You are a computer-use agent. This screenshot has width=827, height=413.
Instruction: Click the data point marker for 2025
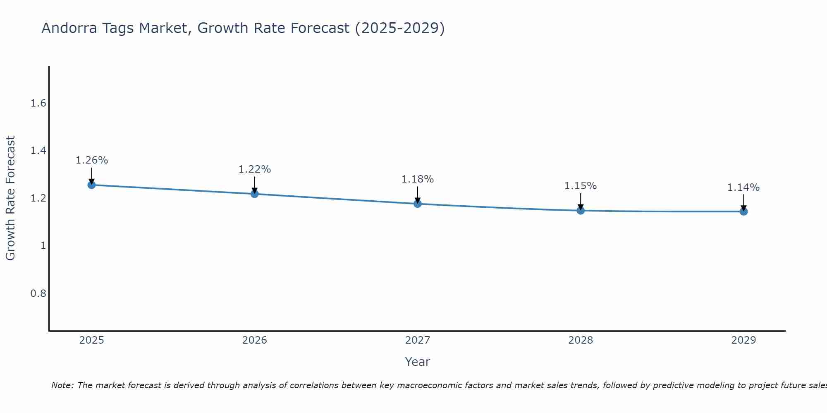(91, 185)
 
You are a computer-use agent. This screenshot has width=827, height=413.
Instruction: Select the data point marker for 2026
(254, 194)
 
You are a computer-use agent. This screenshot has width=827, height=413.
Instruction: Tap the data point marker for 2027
(417, 204)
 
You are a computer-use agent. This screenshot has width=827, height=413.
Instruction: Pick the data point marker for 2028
(580, 211)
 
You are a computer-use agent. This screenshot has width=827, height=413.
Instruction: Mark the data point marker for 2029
(743, 211)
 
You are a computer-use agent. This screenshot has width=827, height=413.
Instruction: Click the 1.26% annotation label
(91, 160)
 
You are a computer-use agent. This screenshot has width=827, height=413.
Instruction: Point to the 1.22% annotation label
(254, 169)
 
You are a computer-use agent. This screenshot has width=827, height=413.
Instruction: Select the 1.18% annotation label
(417, 179)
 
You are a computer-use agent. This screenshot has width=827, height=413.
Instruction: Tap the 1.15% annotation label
(580, 186)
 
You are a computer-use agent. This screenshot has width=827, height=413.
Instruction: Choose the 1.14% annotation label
(743, 188)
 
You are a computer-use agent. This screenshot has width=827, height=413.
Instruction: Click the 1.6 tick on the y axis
(38, 103)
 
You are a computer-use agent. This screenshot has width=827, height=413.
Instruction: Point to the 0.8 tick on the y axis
(38, 294)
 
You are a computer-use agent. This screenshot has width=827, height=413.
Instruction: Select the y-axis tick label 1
(43, 246)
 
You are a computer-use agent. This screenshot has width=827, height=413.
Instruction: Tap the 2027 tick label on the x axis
(417, 340)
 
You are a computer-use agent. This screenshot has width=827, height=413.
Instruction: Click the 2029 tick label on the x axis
(743, 340)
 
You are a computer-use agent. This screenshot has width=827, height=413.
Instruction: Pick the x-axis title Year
(417, 362)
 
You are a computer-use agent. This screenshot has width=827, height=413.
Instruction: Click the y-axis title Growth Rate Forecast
(10, 198)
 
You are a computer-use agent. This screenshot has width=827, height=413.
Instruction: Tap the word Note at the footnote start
(62, 385)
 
